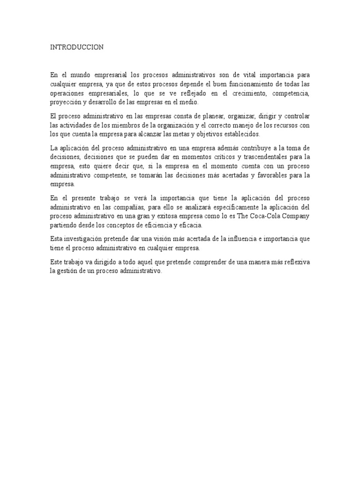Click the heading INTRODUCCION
[77, 47]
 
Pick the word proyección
[67, 102]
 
